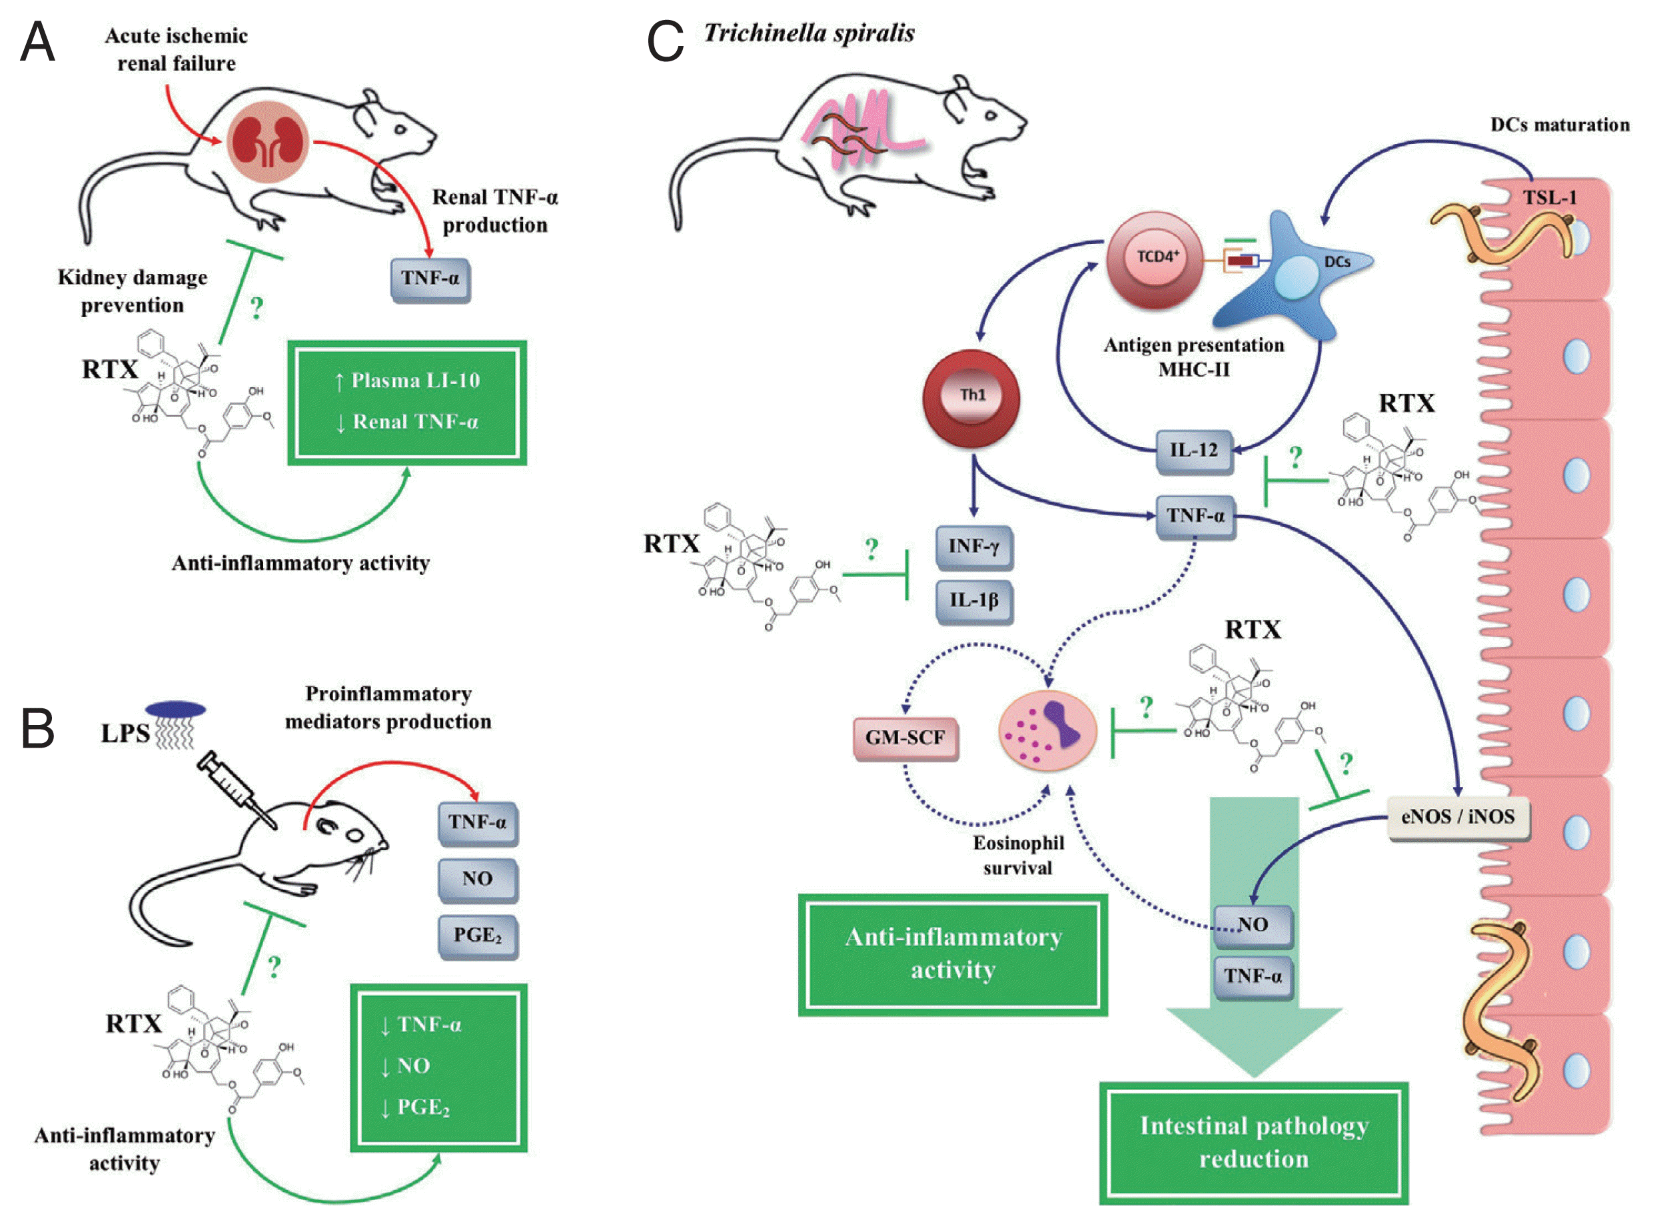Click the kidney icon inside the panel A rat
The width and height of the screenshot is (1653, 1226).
point(267,143)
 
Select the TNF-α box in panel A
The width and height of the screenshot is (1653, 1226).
point(430,279)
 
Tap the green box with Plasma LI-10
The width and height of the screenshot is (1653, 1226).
point(406,402)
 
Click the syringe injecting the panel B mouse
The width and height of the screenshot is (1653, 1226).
point(236,790)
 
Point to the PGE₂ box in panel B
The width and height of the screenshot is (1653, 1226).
point(478,937)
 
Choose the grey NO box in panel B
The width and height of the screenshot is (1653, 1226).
point(478,880)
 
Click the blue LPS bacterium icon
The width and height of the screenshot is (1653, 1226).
point(176,710)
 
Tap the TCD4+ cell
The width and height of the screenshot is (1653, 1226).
point(1155,260)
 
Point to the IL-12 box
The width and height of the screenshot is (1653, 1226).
point(1194,451)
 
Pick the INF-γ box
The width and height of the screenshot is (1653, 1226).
point(973,547)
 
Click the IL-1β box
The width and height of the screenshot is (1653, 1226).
point(973,600)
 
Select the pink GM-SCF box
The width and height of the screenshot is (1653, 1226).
point(905,738)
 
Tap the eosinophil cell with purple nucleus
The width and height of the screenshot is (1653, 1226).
point(1047,730)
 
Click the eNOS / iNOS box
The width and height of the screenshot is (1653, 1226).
point(1457,817)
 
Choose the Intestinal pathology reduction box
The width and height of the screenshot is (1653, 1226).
point(1253,1142)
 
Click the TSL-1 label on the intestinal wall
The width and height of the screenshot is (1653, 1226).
point(1549,198)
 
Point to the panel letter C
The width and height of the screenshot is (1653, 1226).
point(665,41)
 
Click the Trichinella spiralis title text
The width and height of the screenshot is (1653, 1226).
point(809,33)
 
